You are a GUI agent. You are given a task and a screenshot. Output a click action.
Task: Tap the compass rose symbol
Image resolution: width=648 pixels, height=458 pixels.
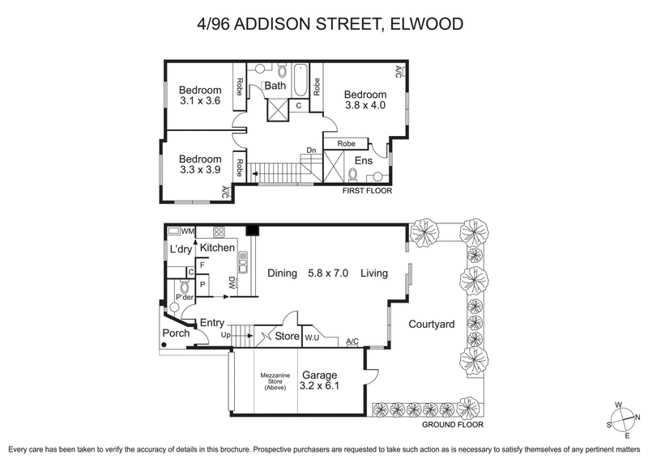coord(623,417)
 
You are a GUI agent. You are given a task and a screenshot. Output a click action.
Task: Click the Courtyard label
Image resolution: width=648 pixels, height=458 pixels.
coord(431,324)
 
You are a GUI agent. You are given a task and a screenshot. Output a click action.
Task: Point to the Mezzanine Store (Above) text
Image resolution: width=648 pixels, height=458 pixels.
coord(276,381)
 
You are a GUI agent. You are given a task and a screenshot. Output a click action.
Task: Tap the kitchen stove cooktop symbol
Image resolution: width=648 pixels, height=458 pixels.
coord(219,231)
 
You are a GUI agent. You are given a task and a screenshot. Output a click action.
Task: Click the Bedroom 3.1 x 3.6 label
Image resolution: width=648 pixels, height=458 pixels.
coord(200,95)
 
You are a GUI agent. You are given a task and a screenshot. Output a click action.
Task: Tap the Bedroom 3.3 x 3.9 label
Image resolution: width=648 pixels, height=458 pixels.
coord(200,164)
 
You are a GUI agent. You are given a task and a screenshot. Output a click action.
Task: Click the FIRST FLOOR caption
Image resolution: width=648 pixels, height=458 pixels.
coord(366,192)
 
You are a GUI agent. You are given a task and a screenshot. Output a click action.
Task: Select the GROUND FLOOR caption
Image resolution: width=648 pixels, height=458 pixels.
coord(453,424)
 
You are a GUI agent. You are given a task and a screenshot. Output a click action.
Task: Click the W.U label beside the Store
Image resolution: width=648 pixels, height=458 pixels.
coord(313,337)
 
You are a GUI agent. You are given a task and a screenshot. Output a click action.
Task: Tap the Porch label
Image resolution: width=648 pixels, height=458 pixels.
coord(176,333)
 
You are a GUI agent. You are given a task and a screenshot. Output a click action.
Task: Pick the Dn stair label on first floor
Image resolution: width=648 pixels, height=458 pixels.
coord(311,150)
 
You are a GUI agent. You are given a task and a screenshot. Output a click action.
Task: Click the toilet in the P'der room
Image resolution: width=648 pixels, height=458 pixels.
coord(184,288)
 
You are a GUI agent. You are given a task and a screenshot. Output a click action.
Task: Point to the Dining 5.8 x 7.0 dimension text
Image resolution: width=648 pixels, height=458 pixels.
coord(308,274)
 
